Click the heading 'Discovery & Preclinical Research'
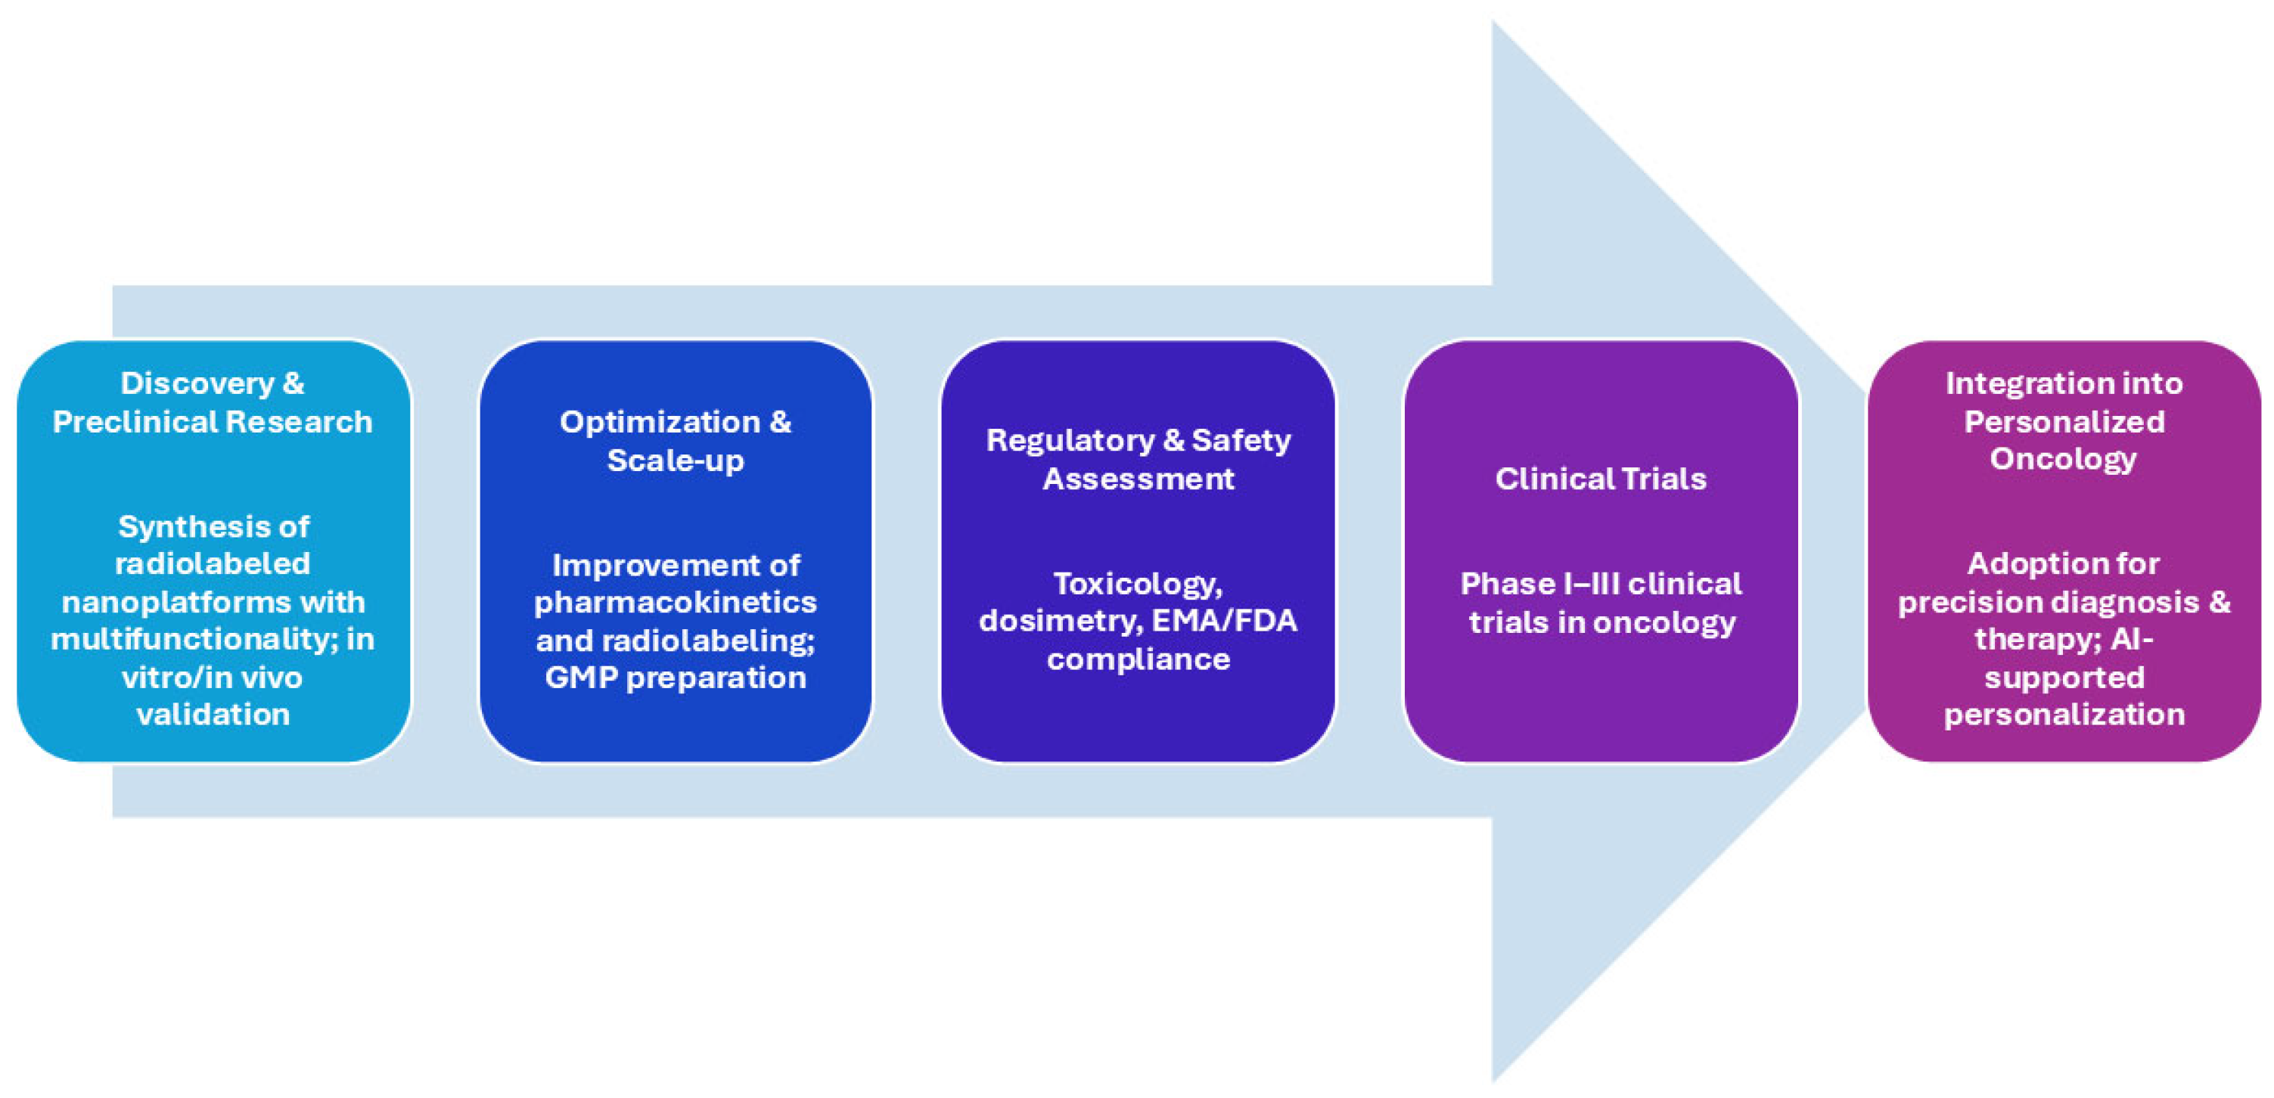212,402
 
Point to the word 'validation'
213,714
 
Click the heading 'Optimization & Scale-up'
676,440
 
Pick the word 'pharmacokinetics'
676,602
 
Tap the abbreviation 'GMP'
580,677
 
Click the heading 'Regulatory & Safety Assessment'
1138,459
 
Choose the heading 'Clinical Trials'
1601,479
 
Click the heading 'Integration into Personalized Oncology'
2064,421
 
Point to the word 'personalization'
2064,714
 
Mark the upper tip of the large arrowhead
1493,23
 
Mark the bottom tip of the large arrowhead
1493,1081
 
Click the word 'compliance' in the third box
1138,659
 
